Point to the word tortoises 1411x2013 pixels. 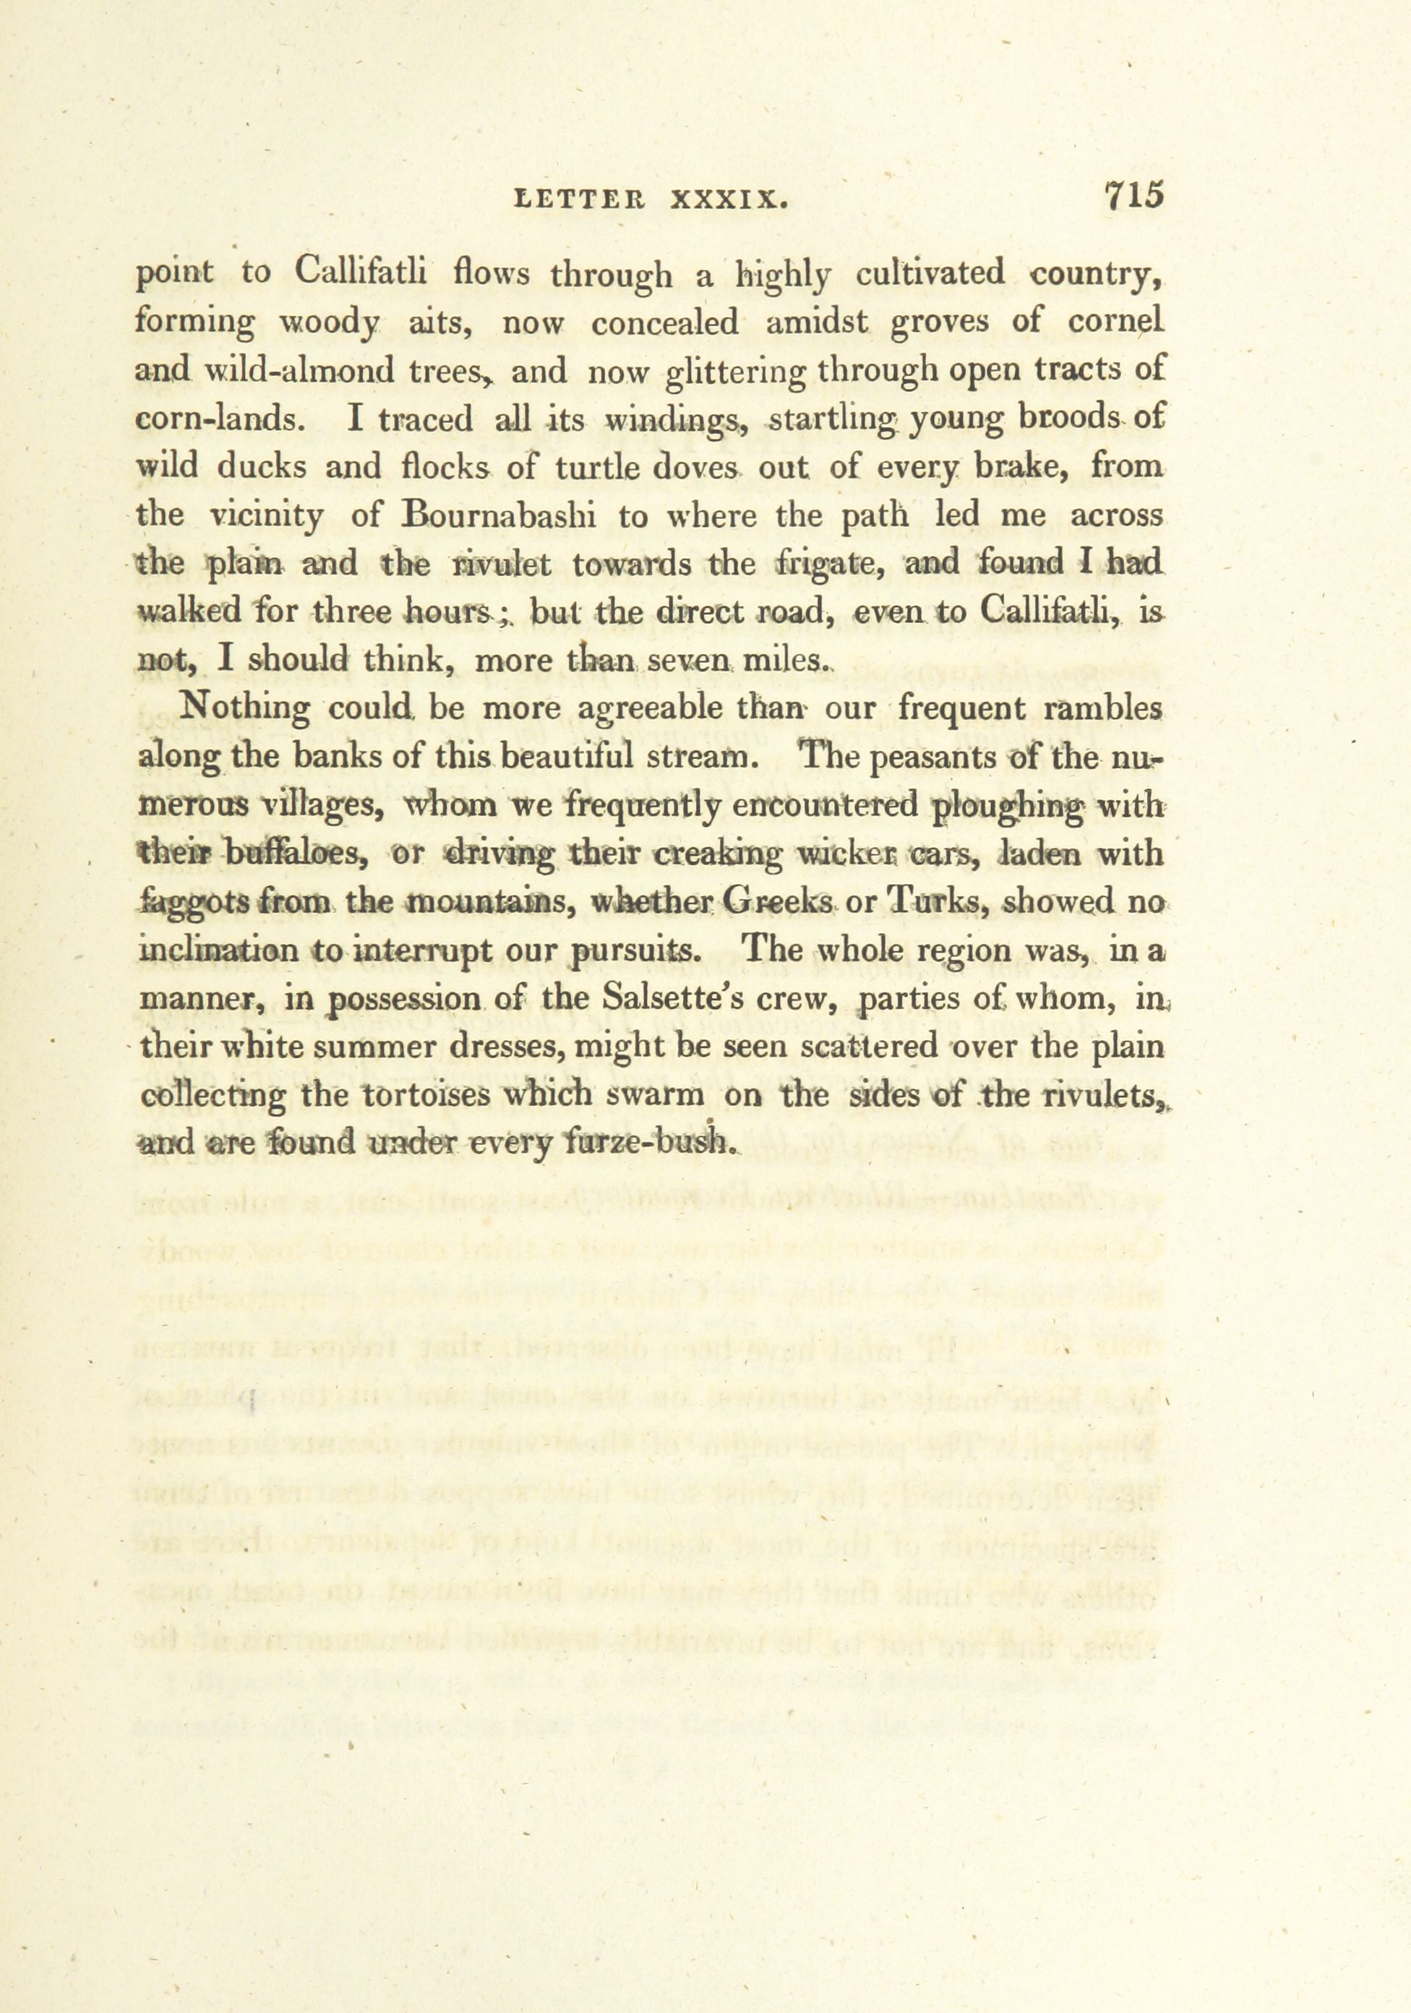[429, 1095]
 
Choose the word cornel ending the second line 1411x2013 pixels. [1115, 322]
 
